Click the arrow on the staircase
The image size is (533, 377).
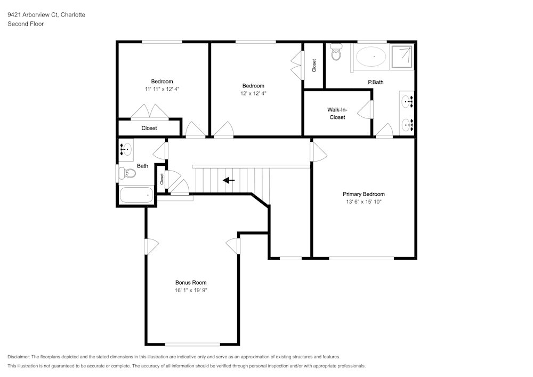pos(229,180)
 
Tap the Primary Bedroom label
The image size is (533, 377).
pos(364,194)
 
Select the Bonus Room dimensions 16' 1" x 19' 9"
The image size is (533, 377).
pos(191,291)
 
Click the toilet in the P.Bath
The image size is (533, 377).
pos(336,54)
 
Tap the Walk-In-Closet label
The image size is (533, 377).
pos(337,113)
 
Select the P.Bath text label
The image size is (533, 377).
pos(376,82)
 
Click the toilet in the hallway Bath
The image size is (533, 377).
pos(127,173)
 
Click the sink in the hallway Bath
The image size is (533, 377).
pos(126,150)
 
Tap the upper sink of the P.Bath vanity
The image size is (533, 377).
pos(407,100)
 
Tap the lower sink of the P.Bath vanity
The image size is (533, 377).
pos(407,125)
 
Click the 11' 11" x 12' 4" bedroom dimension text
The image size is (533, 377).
pos(162,89)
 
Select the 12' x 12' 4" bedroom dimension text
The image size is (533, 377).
pos(253,93)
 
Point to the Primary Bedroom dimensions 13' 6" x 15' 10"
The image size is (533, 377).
pos(364,202)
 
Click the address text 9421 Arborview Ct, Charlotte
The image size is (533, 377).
pos(46,15)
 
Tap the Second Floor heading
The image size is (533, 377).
pos(26,24)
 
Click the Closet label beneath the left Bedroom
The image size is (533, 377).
pos(149,128)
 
